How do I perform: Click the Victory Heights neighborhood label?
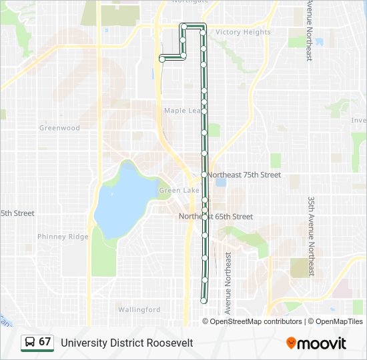tap(243, 32)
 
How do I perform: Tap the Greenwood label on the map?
tap(59, 128)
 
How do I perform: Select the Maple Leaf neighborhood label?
tap(181, 111)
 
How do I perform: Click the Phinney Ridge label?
tap(63, 237)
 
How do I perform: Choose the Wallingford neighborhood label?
tap(139, 309)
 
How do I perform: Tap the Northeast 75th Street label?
tap(244, 175)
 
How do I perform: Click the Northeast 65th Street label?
tap(216, 217)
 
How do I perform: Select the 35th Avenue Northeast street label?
tap(311, 237)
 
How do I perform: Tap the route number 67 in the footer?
tap(45, 342)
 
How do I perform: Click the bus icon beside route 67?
tap(29, 343)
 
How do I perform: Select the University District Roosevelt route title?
tap(127, 343)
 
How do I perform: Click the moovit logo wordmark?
tap(322, 343)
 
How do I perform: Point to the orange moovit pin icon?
tap(291, 343)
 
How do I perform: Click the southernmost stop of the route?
tap(204, 301)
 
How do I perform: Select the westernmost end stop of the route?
tap(162, 59)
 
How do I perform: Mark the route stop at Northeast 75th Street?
tap(204, 175)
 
